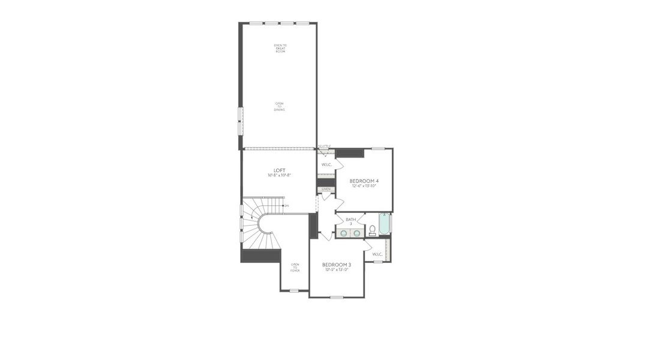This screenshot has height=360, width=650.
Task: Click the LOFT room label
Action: point(279,170)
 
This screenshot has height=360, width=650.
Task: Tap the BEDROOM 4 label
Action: point(364,181)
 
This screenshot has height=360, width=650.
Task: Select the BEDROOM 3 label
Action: point(337,265)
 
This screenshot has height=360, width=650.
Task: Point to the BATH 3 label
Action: point(351,221)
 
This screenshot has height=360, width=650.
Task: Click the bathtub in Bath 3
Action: point(384,224)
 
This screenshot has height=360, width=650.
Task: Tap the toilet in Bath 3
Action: point(372,230)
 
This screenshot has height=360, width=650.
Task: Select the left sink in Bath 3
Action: point(345,233)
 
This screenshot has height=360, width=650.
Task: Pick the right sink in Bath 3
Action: point(357,233)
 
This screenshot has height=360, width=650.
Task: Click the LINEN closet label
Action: point(326,189)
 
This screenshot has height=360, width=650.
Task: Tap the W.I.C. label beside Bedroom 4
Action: point(327,164)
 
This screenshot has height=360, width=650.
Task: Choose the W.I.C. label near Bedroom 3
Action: point(378,254)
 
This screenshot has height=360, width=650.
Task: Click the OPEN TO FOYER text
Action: point(295,268)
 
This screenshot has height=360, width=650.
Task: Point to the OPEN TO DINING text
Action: point(280,106)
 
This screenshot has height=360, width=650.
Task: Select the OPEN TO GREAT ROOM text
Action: point(280,49)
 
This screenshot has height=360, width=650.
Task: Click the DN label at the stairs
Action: point(286,206)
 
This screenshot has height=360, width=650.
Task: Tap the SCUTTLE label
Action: point(325,146)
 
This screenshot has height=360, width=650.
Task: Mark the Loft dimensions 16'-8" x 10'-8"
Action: point(279,175)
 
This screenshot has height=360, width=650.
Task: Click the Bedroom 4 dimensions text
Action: point(364,185)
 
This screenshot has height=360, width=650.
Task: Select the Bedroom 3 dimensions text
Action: point(337,269)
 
